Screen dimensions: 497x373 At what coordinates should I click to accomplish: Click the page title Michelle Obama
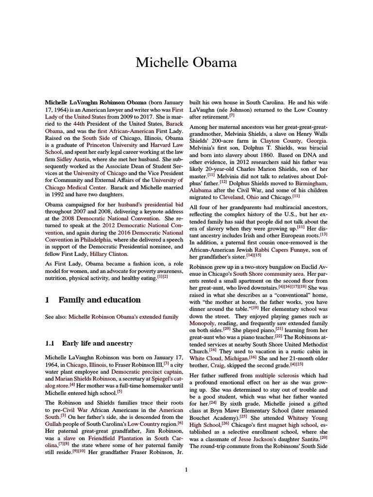click(x=186, y=63)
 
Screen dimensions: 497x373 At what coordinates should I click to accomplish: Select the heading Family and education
click(x=100, y=299)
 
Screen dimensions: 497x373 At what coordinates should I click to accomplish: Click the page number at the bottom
click(x=186, y=469)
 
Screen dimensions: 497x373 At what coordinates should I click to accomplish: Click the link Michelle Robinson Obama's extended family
click(x=123, y=317)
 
